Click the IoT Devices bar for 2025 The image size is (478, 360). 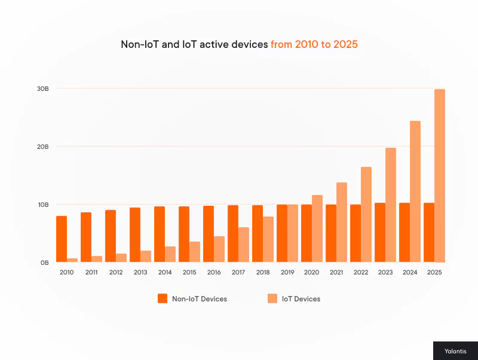point(440,176)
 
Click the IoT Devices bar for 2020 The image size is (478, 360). point(317,228)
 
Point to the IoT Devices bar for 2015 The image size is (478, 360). point(195,252)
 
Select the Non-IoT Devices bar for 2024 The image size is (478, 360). point(405,233)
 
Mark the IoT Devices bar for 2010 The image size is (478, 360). point(72,260)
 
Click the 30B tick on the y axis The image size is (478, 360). point(43,89)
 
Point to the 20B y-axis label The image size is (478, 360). point(43,147)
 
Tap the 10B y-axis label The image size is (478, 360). point(43,205)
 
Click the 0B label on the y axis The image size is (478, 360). point(45,263)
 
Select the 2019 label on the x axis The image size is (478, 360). point(287,272)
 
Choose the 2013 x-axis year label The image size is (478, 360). point(140,272)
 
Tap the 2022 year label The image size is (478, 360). point(360,272)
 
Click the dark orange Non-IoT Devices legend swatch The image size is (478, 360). point(162,298)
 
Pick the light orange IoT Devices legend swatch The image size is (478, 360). point(272,298)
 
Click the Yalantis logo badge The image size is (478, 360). point(455,351)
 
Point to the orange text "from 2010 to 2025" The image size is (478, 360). point(314,44)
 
